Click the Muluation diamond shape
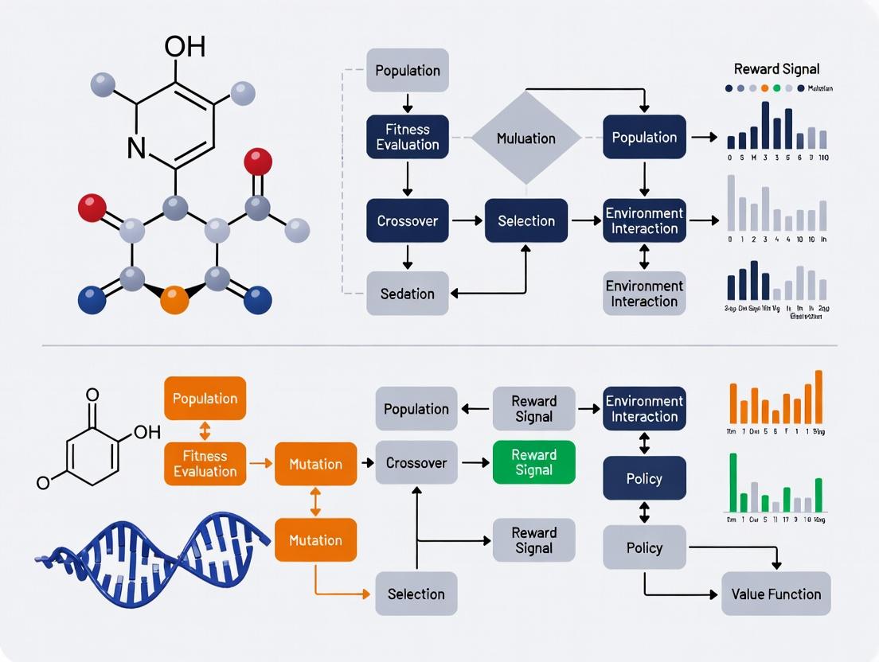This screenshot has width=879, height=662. click(x=525, y=138)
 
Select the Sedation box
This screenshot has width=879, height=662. click(x=408, y=294)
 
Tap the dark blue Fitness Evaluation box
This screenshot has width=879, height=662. click(x=408, y=137)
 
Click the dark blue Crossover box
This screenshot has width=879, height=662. click(x=408, y=220)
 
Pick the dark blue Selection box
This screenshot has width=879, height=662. click(x=525, y=220)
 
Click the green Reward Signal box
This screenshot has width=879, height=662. click(x=533, y=462)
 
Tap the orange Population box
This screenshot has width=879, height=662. click(x=205, y=399)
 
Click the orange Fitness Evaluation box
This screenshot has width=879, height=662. click(x=205, y=464)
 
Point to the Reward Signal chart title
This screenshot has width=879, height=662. click(x=776, y=69)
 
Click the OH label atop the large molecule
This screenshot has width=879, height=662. click(x=184, y=46)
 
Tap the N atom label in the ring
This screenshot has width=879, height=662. click(x=136, y=148)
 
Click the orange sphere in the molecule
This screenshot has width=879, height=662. click(x=174, y=300)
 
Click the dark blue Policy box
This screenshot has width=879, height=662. click(x=644, y=478)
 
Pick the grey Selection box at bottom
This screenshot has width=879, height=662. click(x=416, y=594)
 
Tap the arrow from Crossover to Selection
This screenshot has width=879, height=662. click(x=467, y=220)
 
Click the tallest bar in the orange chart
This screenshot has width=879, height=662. click(x=818, y=396)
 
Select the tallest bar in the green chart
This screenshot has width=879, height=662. click(x=733, y=482)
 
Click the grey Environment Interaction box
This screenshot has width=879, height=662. click(x=644, y=294)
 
